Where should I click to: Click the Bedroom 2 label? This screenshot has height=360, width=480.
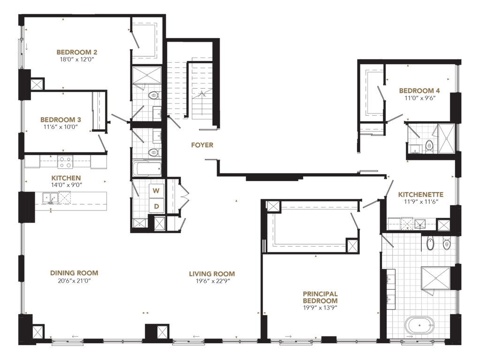pyautogui.click(x=77, y=52)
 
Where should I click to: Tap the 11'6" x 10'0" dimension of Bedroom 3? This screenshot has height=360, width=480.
pyautogui.click(x=61, y=127)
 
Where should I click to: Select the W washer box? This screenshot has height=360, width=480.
pyautogui.click(x=156, y=191)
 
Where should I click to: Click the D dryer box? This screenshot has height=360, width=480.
pyautogui.click(x=156, y=206)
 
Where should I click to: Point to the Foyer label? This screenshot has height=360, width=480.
pyautogui.click(x=202, y=145)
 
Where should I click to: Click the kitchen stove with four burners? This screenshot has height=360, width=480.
pyautogui.click(x=66, y=162)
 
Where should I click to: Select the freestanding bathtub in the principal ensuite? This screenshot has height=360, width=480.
pyautogui.click(x=420, y=325)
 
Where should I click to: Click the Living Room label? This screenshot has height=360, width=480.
pyautogui.click(x=212, y=274)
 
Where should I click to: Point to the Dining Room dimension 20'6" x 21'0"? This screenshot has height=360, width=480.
pyautogui.click(x=74, y=280)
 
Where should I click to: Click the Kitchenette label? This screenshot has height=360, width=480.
pyautogui.click(x=420, y=195)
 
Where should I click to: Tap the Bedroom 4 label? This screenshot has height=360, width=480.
pyautogui.click(x=419, y=91)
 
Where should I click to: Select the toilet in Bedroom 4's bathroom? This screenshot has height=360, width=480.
pyautogui.click(x=429, y=146)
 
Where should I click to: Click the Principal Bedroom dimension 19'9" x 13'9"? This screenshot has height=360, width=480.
pyautogui.click(x=320, y=307)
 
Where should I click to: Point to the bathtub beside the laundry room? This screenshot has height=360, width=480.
pyautogui.click(x=147, y=169)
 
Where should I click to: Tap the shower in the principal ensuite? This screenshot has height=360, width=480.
pyautogui.click(x=436, y=278)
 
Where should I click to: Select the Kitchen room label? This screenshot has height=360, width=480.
pyautogui.click(x=66, y=178)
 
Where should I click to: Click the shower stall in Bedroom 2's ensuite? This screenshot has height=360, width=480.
pyautogui.click(x=147, y=75)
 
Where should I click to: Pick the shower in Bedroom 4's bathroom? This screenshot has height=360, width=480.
pyautogui.click(x=447, y=139)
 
